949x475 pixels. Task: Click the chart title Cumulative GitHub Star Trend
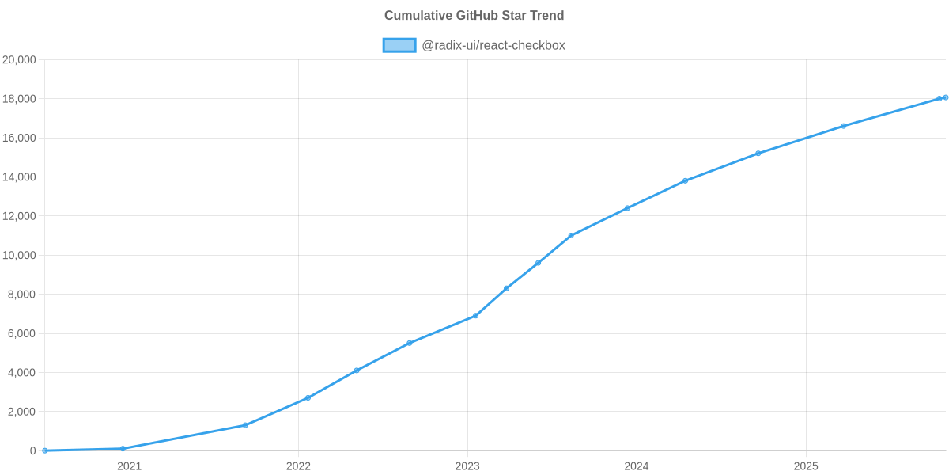[474, 16]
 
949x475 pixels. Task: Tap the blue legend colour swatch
[399, 45]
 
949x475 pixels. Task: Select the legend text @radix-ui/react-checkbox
[493, 45]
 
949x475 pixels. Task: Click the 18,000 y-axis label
[20, 99]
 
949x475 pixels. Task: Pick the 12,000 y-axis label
[20, 216]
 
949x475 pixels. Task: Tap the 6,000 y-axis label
[22, 333]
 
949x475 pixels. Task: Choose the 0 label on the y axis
[33, 451]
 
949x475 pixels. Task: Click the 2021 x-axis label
[129, 466]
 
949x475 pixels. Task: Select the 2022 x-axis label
[298, 466]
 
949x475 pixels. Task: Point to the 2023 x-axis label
[467, 466]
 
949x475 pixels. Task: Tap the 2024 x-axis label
[637, 466]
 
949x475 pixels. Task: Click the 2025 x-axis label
[806, 466]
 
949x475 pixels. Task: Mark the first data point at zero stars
[45, 450]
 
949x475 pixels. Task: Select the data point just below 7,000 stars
[475, 316]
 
